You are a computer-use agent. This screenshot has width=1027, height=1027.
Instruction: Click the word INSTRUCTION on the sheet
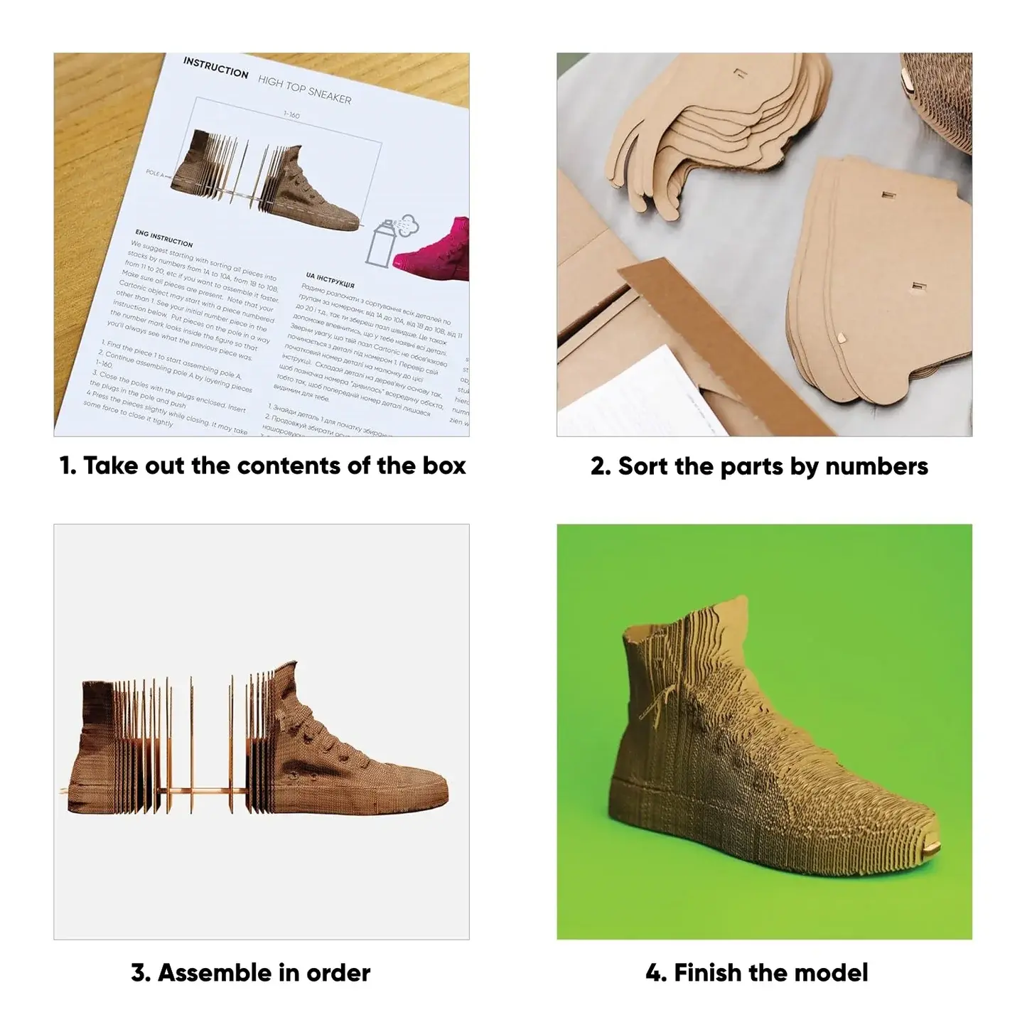[x=215, y=68]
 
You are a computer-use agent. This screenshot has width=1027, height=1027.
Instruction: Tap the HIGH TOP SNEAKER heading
[x=304, y=90]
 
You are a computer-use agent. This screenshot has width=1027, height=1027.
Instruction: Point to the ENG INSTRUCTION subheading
[x=163, y=237]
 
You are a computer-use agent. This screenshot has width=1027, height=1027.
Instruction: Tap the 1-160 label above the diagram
[x=291, y=114]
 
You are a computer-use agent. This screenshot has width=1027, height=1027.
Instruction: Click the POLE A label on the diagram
[x=154, y=173]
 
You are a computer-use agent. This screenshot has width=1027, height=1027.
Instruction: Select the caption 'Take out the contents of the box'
[x=262, y=466]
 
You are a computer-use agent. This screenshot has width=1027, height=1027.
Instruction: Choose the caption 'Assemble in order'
[x=250, y=972]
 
